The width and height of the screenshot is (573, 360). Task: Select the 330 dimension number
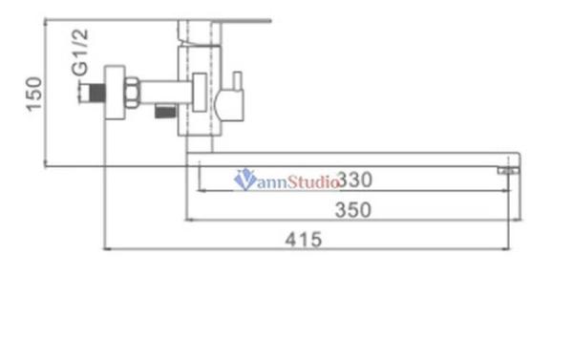click(353, 179)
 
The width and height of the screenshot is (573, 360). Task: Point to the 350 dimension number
click(353, 210)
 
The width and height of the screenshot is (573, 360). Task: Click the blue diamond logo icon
click(244, 178)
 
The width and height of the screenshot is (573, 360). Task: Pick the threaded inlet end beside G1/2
click(91, 93)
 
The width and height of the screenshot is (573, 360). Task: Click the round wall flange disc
click(115, 93)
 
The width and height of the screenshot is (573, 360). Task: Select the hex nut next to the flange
click(134, 93)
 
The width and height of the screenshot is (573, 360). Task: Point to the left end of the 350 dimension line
click(185, 221)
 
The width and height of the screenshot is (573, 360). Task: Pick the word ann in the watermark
click(269, 179)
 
